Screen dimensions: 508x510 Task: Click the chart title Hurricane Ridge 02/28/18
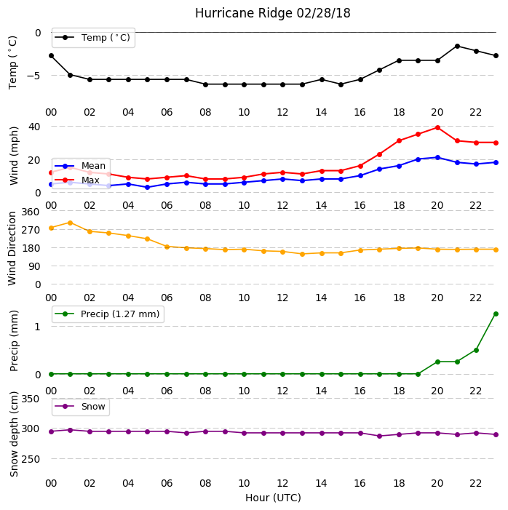(x=273, y=13)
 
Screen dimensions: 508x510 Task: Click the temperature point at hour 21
(x=457, y=46)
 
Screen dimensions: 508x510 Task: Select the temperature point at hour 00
(x=51, y=56)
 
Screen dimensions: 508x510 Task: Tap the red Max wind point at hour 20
(x=437, y=128)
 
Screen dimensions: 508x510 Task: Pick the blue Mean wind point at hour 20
(x=437, y=158)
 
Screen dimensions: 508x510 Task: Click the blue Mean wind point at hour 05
(x=148, y=188)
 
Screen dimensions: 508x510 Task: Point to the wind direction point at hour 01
(x=70, y=223)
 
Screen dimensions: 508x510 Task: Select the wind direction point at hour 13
(x=302, y=255)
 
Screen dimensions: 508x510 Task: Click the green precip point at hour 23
(x=496, y=314)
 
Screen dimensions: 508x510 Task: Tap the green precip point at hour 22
(x=477, y=350)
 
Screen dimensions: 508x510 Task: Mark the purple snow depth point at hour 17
(x=379, y=437)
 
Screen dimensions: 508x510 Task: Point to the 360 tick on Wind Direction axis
(x=31, y=212)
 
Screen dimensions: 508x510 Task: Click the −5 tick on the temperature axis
(x=34, y=76)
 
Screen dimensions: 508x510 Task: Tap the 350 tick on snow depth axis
(x=31, y=399)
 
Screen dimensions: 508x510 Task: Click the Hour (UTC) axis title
(x=273, y=498)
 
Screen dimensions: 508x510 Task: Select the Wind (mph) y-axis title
(x=14, y=156)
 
